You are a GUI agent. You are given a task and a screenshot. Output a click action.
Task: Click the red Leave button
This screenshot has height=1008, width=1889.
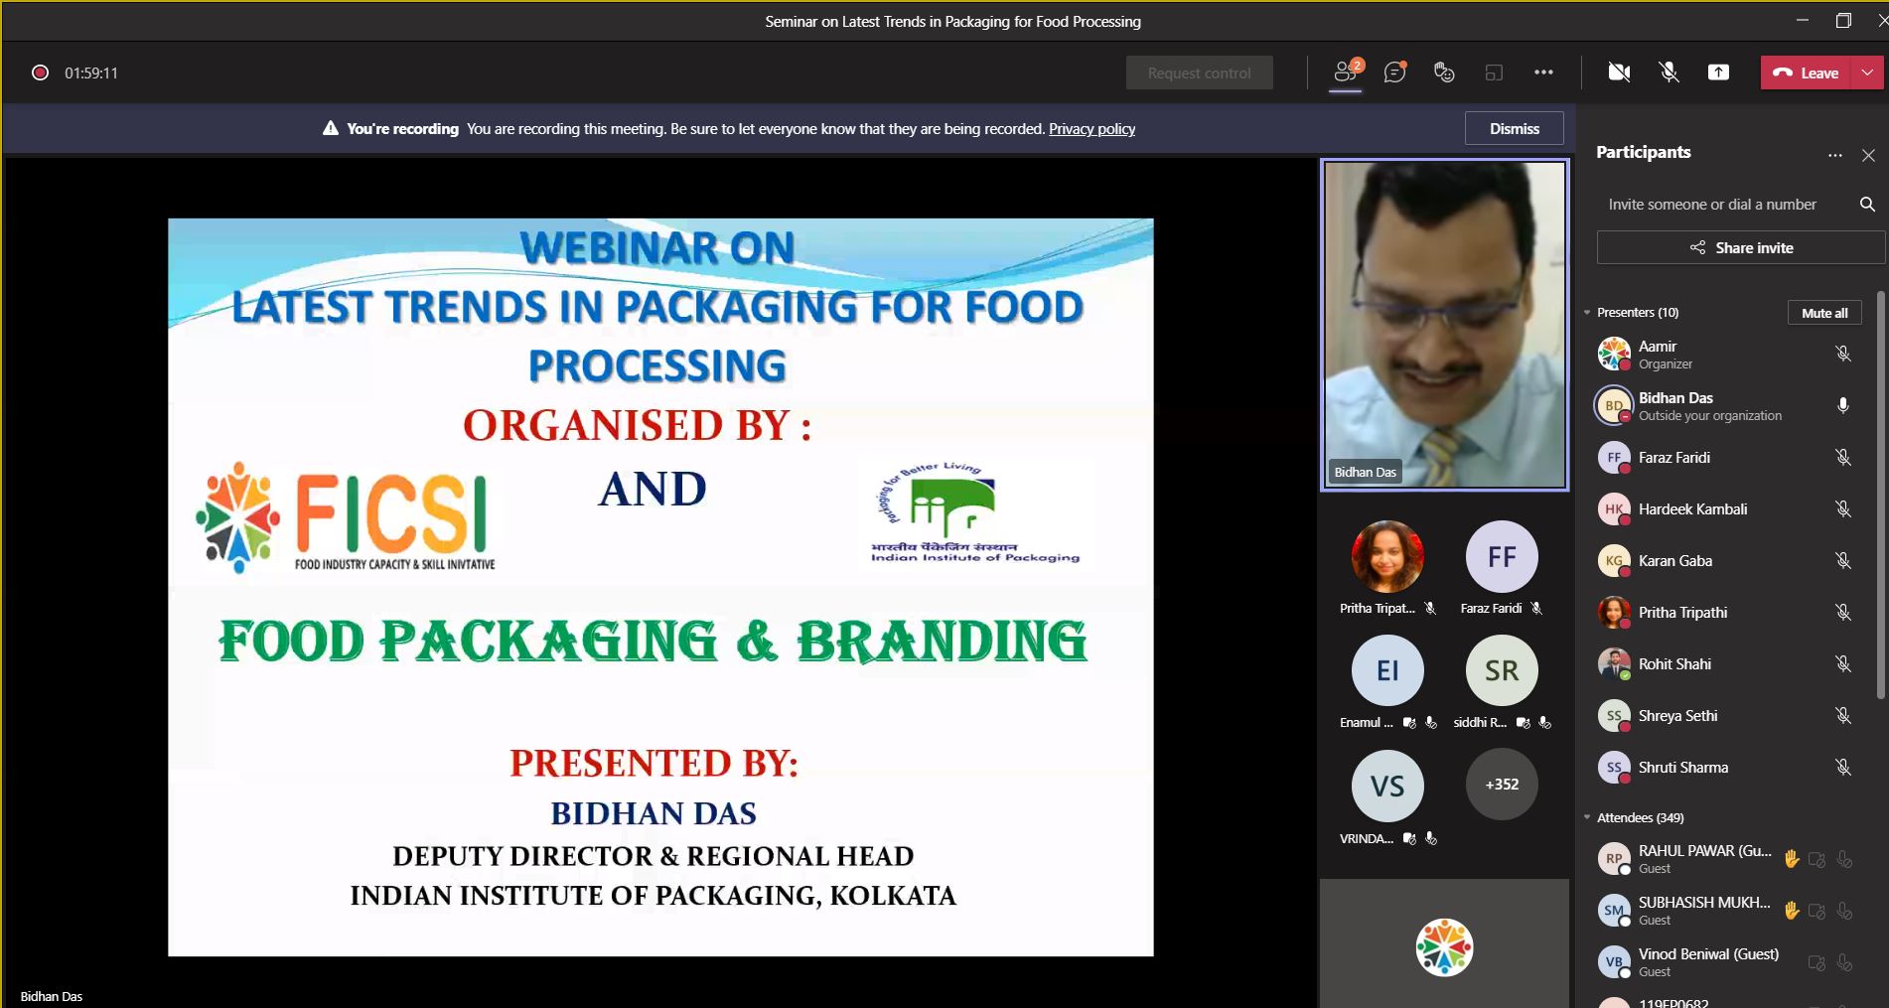pos(1806,72)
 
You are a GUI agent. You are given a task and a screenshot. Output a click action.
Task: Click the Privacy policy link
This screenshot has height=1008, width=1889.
pos(1091,129)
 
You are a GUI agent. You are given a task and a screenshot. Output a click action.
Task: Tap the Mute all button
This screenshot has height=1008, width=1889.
pos(1823,313)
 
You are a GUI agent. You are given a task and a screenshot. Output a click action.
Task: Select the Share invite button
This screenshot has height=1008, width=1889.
pos(1740,248)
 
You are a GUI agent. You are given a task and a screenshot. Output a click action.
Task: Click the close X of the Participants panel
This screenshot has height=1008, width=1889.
pos(1868,156)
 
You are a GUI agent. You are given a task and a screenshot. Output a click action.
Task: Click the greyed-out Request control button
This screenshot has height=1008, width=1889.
pos(1199,73)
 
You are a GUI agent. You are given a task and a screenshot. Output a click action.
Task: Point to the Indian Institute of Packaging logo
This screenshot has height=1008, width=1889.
pos(974,514)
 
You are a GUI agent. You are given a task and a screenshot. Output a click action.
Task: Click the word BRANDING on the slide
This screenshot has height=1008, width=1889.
pos(941,642)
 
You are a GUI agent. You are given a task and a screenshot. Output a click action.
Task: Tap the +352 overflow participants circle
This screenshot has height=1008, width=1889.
pos(1502,785)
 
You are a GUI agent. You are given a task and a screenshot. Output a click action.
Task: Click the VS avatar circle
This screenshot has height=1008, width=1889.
pos(1387,787)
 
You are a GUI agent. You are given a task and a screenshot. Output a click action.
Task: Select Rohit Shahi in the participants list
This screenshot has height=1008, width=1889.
pos(1674,664)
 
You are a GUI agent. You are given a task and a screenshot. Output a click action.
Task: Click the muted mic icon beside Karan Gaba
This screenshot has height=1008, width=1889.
pos(1842,561)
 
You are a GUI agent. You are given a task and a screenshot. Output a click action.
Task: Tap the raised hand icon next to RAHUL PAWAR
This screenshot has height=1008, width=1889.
pos(1791,859)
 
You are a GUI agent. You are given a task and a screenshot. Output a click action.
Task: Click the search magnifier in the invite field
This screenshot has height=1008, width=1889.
pos(1867,205)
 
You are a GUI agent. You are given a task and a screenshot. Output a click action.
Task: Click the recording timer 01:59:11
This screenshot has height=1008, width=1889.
pos(91,73)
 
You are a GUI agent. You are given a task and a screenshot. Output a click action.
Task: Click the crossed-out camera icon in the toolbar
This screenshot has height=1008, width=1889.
pos(1619,72)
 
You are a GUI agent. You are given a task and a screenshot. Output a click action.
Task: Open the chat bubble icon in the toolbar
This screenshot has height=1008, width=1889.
pos(1394,72)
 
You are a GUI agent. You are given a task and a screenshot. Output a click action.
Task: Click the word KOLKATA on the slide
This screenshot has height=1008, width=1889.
pos(892,896)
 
